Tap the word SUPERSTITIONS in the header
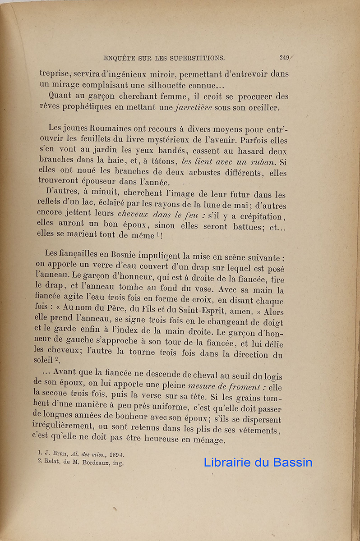(x=193, y=58)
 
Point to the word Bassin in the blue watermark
(x=293, y=462)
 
